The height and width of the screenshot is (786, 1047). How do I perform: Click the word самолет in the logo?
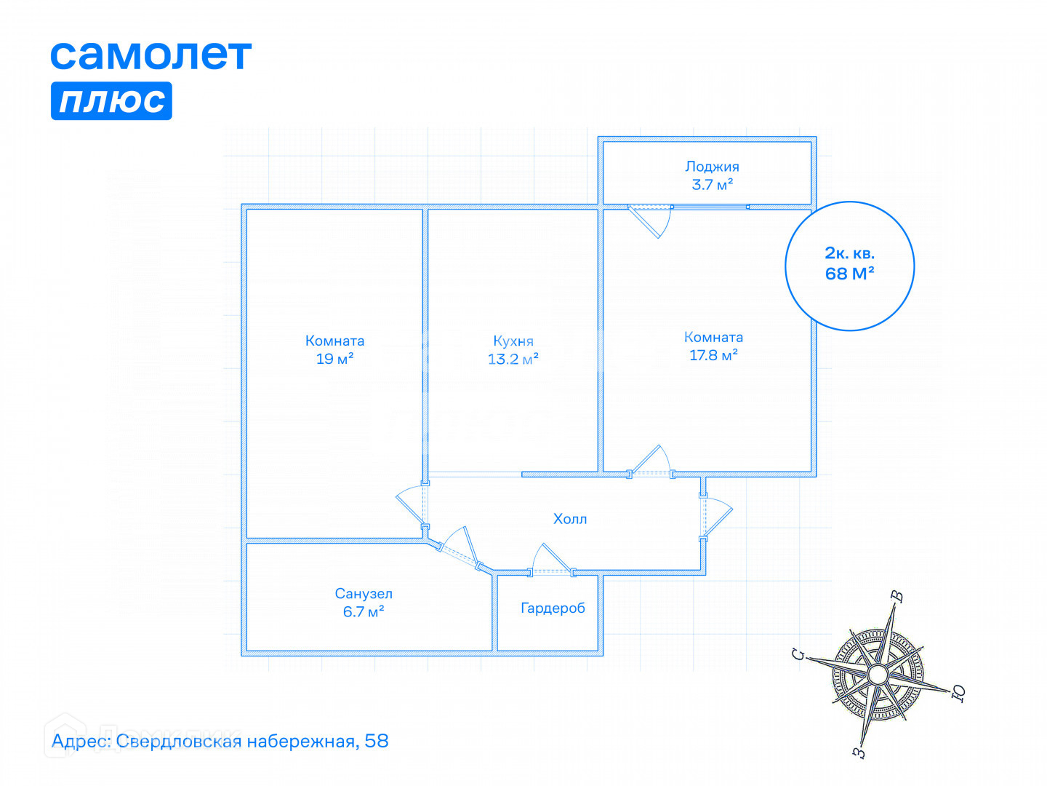pyautogui.click(x=151, y=55)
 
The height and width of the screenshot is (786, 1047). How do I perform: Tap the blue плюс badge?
pyautogui.click(x=111, y=100)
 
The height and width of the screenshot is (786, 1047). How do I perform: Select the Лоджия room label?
pyautogui.click(x=712, y=167)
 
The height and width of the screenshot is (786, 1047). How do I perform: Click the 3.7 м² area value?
pyautogui.click(x=712, y=185)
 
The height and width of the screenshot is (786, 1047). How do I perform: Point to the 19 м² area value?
pyautogui.click(x=334, y=359)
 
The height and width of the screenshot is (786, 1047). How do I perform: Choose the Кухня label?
pyautogui.click(x=513, y=341)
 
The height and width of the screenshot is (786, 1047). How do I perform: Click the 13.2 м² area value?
pyautogui.click(x=513, y=359)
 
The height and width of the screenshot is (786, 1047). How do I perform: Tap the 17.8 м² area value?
pyautogui.click(x=713, y=355)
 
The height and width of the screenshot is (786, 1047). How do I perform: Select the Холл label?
pyautogui.click(x=570, y=519)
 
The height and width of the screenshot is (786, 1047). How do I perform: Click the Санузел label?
pyautogui.click(x=364, y=594)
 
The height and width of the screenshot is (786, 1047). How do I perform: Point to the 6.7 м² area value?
pyautogui.click(x=364, y=612)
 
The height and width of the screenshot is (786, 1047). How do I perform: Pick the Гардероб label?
pyautogui.click(x=553, y=608)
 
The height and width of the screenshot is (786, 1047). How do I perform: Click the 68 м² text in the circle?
pyautogui.click(x=849, y=274)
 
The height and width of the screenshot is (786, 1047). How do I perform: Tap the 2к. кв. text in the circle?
pyautogui.click(x=849, y=253)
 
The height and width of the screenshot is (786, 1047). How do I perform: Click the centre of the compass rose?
pyautogui.click(x=878, y=673)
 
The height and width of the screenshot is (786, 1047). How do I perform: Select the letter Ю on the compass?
pyautogui.click(x=958, y=694)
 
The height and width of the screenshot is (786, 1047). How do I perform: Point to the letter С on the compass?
pyautogui.click(x=799, y=655)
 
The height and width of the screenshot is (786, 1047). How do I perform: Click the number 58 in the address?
pyautogui.click(x=377, y=741)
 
